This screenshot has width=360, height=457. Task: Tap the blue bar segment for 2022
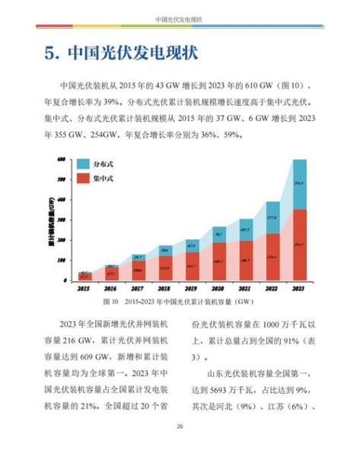272,218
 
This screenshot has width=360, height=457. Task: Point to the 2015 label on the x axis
85,289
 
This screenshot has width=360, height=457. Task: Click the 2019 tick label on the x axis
192,289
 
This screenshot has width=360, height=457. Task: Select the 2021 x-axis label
245,289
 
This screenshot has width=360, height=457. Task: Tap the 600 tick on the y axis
60,158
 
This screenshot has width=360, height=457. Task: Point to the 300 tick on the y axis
60,219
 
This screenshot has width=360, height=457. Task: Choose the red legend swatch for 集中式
83,179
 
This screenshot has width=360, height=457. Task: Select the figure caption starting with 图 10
180,302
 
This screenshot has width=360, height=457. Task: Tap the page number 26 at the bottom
180,426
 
